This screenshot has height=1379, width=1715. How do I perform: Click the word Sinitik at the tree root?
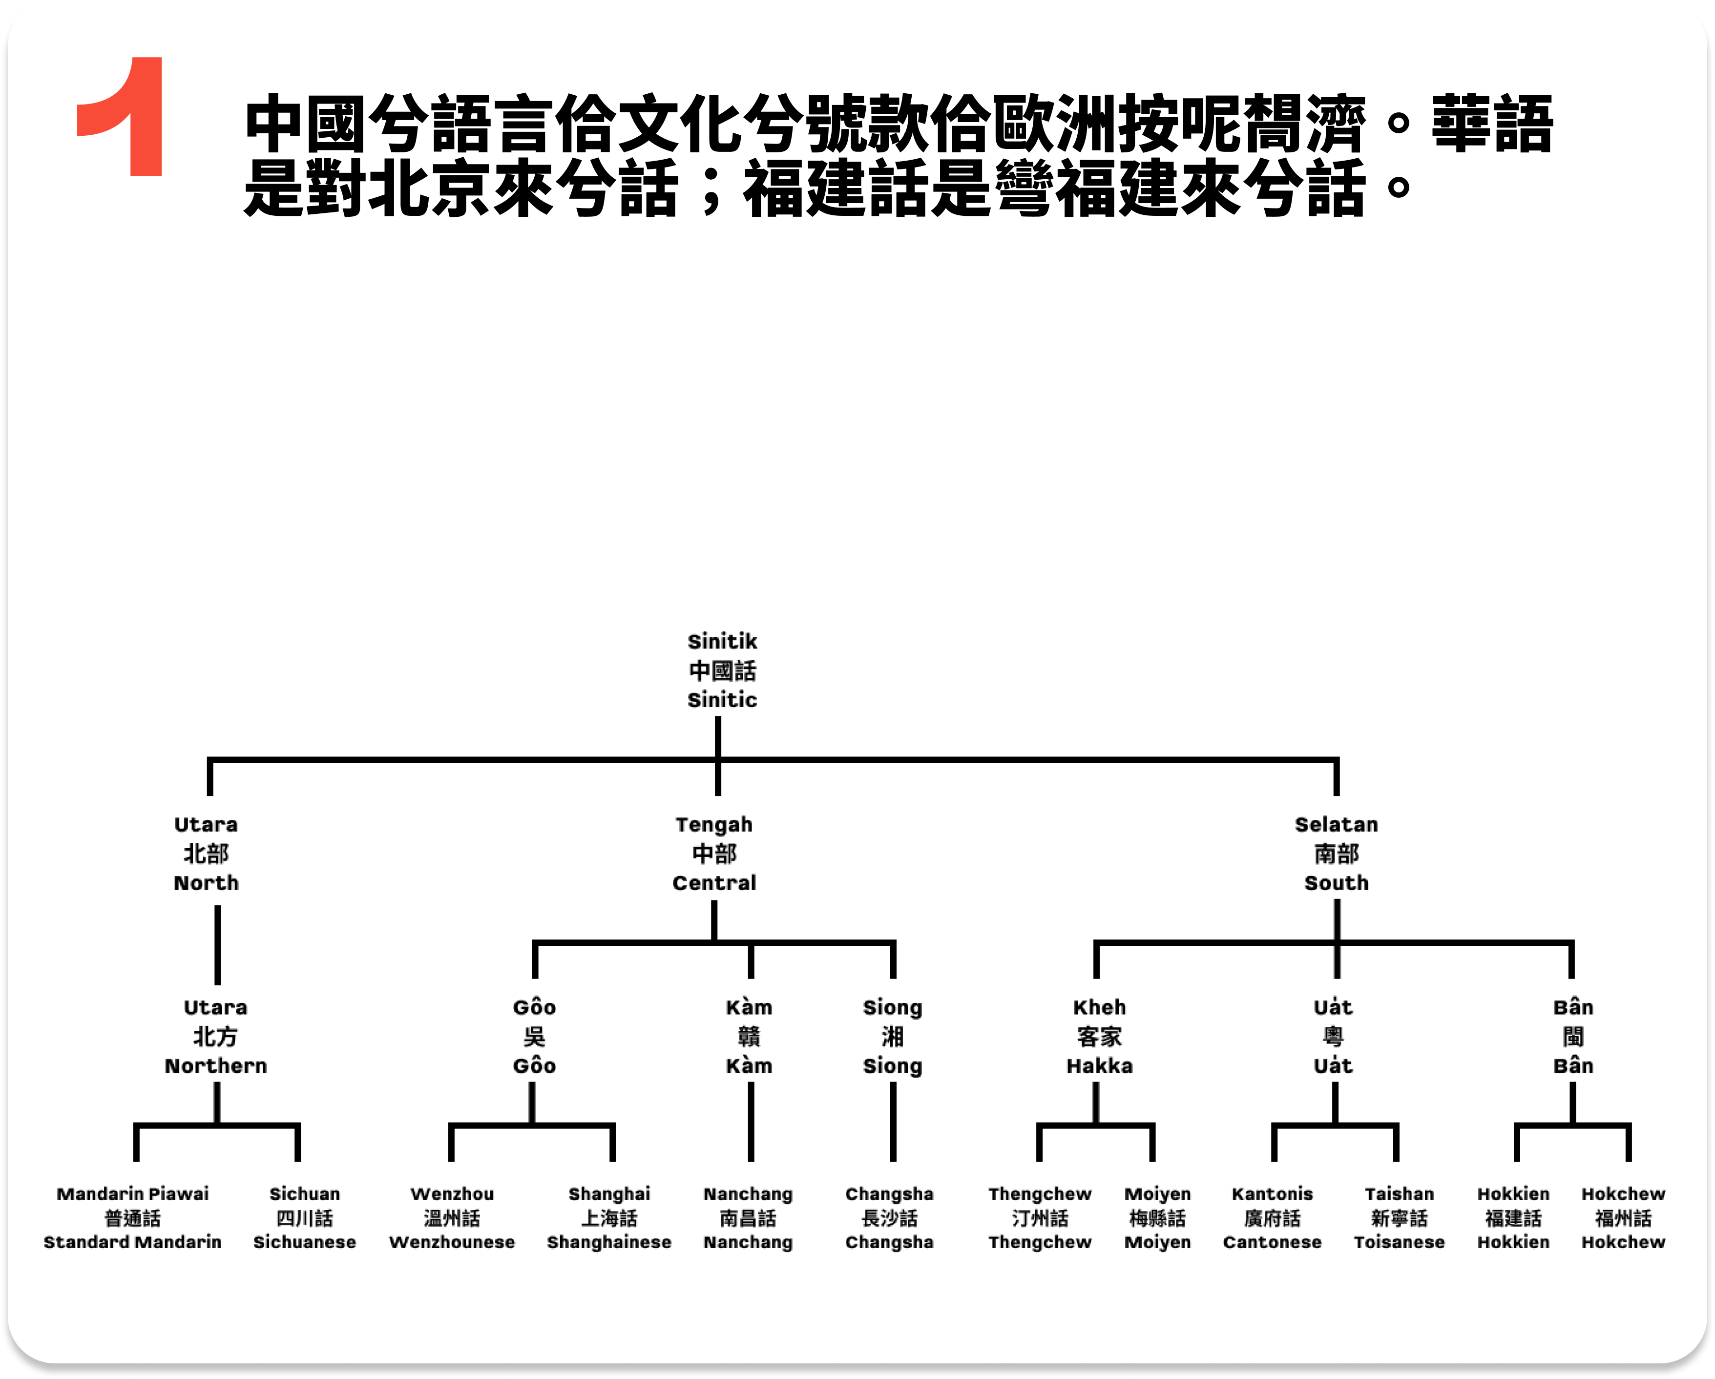coord(721,641)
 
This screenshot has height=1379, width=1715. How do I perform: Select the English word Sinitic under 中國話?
coord(721,700)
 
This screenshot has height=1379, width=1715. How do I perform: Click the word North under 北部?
coord(206,883)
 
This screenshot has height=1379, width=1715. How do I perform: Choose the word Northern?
coord(215,1066)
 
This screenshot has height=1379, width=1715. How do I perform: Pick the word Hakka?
coord(1099,1066)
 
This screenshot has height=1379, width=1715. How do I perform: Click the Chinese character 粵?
coord(1333,1036)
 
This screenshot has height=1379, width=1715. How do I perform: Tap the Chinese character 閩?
coord(1572,1036)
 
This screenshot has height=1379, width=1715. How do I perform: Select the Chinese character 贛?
coord(749,1036)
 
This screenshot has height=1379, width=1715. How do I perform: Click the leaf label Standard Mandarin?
coord(132,1242)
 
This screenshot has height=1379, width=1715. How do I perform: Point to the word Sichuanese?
coord(304,1242)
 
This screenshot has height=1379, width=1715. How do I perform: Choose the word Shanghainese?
coord(608,1242)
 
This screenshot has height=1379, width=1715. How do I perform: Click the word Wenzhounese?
coord(452,1242)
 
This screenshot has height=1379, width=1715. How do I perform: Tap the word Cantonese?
coord(1272,1242)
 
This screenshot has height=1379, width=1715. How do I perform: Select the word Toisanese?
coord(1399,1242)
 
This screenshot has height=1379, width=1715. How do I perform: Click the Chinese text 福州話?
coord(1623,1218)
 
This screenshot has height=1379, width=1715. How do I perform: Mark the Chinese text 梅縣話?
coord(1157,1218)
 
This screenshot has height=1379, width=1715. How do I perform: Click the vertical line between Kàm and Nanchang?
coord(750,1121)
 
